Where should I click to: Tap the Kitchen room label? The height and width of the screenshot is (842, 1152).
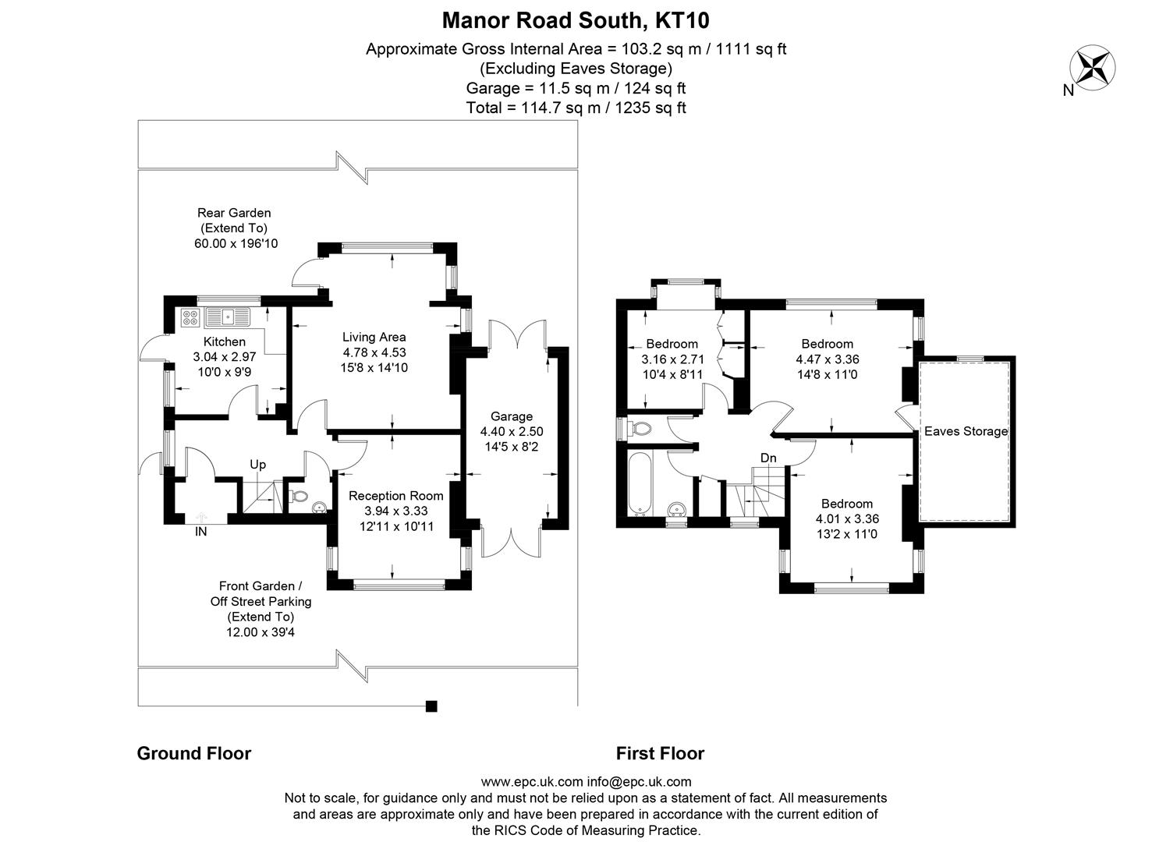pyautogui.click(x=224, y=341)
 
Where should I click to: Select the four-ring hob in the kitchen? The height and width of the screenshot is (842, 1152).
pyautogui.click(x=190, y=317)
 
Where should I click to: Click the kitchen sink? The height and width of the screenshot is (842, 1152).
pyautogui.click(x=226, y=317)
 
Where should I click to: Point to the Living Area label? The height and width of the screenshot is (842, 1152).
pyautogui.click(x=374, y=337)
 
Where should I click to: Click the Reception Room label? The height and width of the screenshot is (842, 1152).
pyautogui.click(x=395, y=496)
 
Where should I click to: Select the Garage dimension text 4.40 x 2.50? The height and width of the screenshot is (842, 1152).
pyautogui.click(x=511, y=431)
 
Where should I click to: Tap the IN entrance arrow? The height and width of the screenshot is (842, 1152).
pyautogui.click(x=201, y=517)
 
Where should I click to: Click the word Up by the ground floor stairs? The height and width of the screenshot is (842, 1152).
pyautogui.click(x=257, y=465)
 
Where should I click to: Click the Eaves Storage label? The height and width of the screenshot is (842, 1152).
pyautogui.click(x=966, y=431)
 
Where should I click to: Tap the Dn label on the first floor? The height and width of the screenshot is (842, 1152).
pyautogui.click(x=768, y=458)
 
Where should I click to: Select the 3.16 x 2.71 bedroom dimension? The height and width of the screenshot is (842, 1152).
pyautogui.click(x=672, y=359)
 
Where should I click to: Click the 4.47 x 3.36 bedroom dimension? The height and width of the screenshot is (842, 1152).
pyautogui.click(x=827, y=359)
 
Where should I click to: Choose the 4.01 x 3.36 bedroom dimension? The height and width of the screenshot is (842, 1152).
pyautogui.click(x=847, y=518)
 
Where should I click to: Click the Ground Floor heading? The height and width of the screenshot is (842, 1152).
pyautogui.click(x=193, y=753)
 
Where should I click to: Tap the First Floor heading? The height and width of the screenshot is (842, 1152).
pyautogui.click(x=660, y=753)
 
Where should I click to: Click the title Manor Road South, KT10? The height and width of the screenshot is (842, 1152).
pyautogui.click(x=576, y=19)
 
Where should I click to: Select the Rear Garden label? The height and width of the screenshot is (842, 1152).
pyautogui.click(x=234, y=212)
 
